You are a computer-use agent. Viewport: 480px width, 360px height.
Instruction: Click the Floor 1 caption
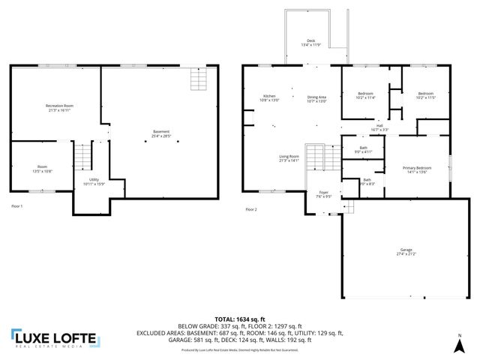pyautogui.click(x=17, y=205)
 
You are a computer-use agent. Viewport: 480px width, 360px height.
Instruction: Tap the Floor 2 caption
pyautogui.click(x=251, y=209)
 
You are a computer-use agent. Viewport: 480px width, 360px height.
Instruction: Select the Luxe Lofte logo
pyautogui.click(x=53, y=340)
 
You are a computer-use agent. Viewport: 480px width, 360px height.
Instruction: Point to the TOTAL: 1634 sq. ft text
pyautogui.click(x=239, y=319)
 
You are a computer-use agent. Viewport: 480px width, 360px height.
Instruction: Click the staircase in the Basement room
pyautogui.click(x=197, y=79)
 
